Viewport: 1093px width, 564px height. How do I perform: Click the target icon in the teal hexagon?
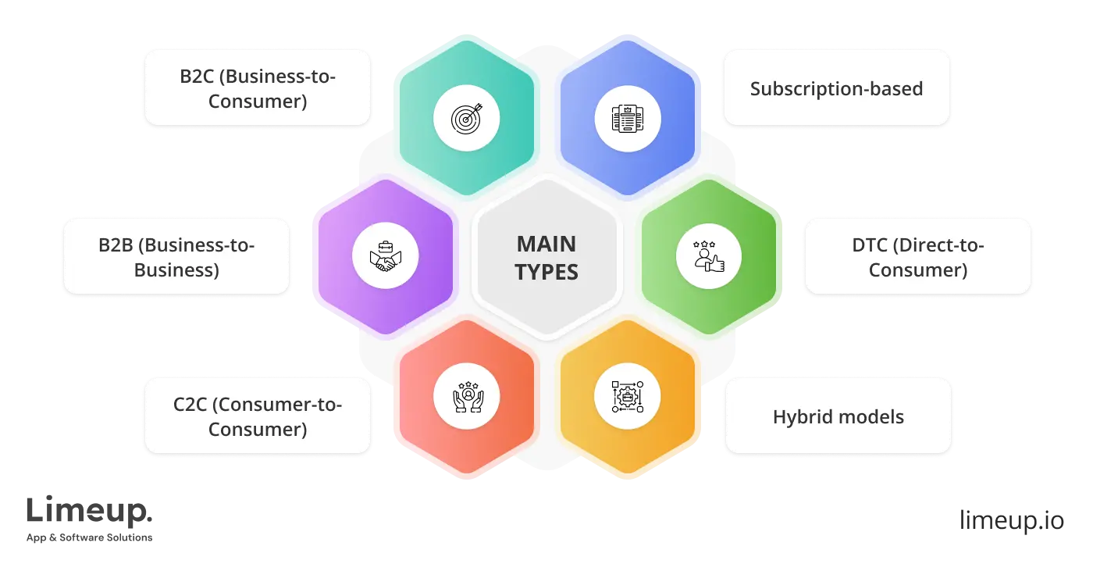pyautogui.click(x=466, y=119)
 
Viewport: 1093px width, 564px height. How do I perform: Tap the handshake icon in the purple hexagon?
pyautogui.click(x=386, y=257)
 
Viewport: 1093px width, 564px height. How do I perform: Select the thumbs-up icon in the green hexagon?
pyautogui.click(x=708, y=257)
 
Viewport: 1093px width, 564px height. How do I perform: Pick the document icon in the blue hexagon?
pyautogui.click(x=627, y=119)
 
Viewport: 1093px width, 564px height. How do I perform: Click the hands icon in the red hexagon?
pyautogui.click(x=466, y=395)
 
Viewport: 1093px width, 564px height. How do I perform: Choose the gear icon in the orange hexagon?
pyautogui.click(x=627, y=395)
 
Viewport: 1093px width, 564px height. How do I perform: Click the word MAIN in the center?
pyautogui.click(x=546, y=245)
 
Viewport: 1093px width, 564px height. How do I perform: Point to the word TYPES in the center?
pyautogui.click(x=546, y=273)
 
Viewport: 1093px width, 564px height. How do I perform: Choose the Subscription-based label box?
pyautogui.click(x=836, y=88)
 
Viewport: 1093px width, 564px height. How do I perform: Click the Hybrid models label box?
pyautogui.click(x=838, y=416)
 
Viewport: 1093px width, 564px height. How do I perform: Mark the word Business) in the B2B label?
pyautogui.click(x=176, y=270)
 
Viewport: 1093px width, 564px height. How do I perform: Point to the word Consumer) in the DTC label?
pyautogui.click(x=918, y=270)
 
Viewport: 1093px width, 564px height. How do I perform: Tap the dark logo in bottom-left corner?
pyautogui.click(x=90, y=516)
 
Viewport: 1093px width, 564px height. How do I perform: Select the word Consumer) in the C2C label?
pyautogui.click(x=258, y=429)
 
